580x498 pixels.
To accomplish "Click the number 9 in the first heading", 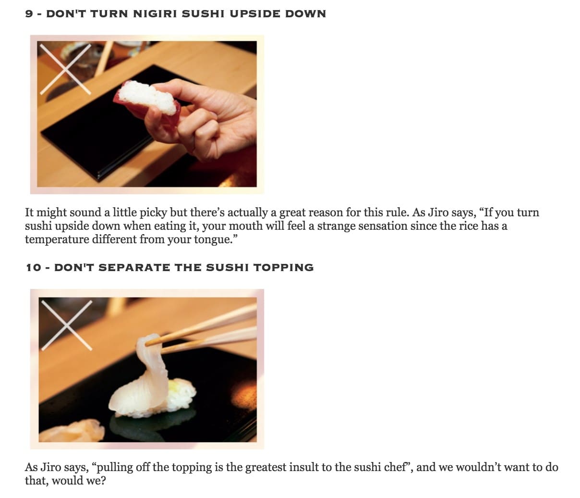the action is click(29, 14).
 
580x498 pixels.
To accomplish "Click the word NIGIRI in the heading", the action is click(155, 14).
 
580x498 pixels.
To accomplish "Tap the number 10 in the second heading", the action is click(34, 267).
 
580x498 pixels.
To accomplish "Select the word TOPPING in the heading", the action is click(283, 267).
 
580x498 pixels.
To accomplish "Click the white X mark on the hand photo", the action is click(65, 69).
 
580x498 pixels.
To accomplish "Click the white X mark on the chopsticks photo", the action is click(67, 325).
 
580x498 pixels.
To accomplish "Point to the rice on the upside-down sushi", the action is click(149, 97).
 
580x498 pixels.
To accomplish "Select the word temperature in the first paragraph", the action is click(57, 239).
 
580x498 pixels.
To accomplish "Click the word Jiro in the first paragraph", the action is click(438, 212).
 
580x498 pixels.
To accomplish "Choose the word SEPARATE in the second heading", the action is click(134, 267).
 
